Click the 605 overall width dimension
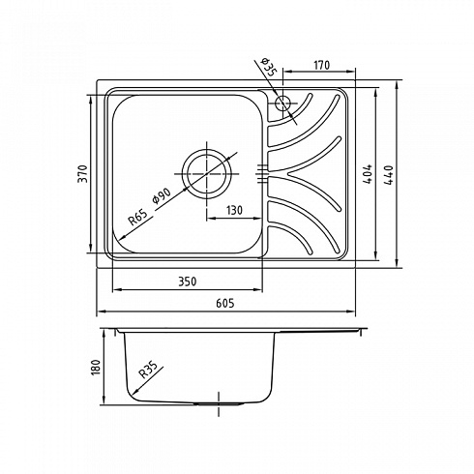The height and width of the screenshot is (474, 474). coord(224,303)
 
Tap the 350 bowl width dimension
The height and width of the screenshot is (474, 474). coord(187,281)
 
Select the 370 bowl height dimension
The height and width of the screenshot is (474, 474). coord(83,174)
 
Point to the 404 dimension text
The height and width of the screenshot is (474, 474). coord(368,174)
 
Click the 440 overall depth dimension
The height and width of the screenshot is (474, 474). coord(389,174)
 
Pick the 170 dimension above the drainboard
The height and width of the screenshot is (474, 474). coord(321,65)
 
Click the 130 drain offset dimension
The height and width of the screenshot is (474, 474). coord(234,210)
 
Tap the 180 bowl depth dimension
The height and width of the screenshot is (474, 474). coord(96,367)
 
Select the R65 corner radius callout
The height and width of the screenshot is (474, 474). coord(137,217)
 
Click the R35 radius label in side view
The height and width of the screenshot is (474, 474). coord(148,370)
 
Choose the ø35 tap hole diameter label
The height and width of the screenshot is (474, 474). coord(267,67)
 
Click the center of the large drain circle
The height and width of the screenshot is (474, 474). coord(207,174)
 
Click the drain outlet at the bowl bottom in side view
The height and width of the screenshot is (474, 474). coord(219,403)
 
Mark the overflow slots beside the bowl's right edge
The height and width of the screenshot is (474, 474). coord(262,174)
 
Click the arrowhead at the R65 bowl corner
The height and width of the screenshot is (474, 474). coord(122,238)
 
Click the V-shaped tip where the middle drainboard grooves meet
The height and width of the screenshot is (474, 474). coord(288,174)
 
